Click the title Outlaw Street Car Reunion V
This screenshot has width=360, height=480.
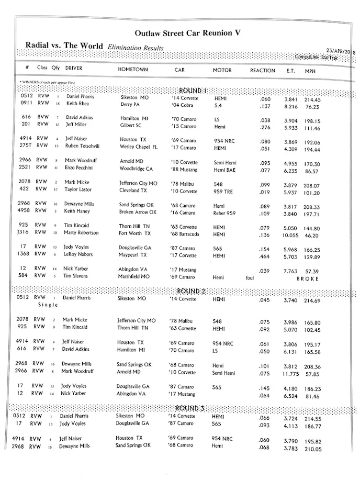[187, 33]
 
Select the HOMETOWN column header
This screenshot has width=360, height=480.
[133, 70]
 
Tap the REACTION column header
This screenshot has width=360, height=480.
[262, 71]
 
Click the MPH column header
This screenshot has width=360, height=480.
[310, 71]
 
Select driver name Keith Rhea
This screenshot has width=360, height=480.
[77, 104]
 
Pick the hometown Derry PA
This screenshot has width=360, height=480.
[132, 104]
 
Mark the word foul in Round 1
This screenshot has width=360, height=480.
[250, 278]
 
